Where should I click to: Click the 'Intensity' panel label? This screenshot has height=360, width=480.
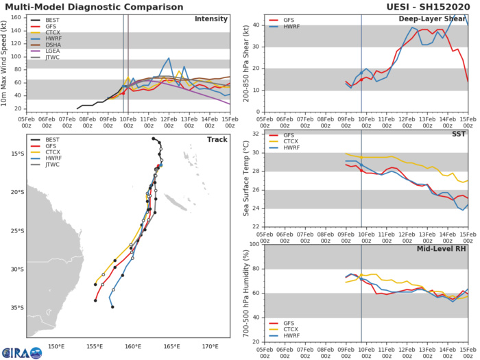tap(212, 19)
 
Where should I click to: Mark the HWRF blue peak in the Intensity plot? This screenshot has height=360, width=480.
tap(169, 58)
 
